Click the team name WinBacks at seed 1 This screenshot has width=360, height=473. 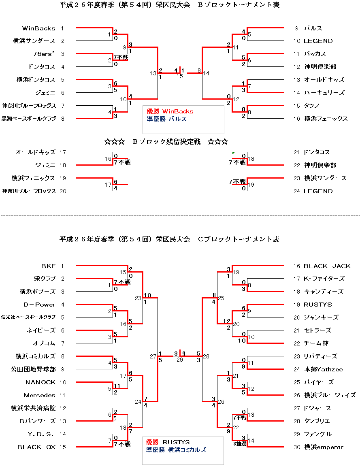coord(38,28)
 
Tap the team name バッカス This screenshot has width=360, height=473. coord(315,54)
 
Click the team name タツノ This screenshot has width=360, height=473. coord(312,106)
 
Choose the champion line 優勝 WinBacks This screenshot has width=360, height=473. coord(170,111)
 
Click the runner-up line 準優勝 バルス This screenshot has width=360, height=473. coord(166,119)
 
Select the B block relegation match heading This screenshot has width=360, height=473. coord(166,142)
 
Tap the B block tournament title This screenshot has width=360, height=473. coord(169,5)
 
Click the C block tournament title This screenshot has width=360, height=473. coord(169,239)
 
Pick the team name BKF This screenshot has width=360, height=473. coord(48,266)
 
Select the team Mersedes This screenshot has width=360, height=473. coord(39,395)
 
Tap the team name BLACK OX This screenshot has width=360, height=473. coord(36,447)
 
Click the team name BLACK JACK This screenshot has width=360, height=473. coord(327,266)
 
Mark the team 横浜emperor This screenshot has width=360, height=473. coord(324,447)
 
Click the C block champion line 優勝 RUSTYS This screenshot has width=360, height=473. coord(168,442)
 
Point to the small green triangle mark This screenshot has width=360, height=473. coord(233,153)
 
